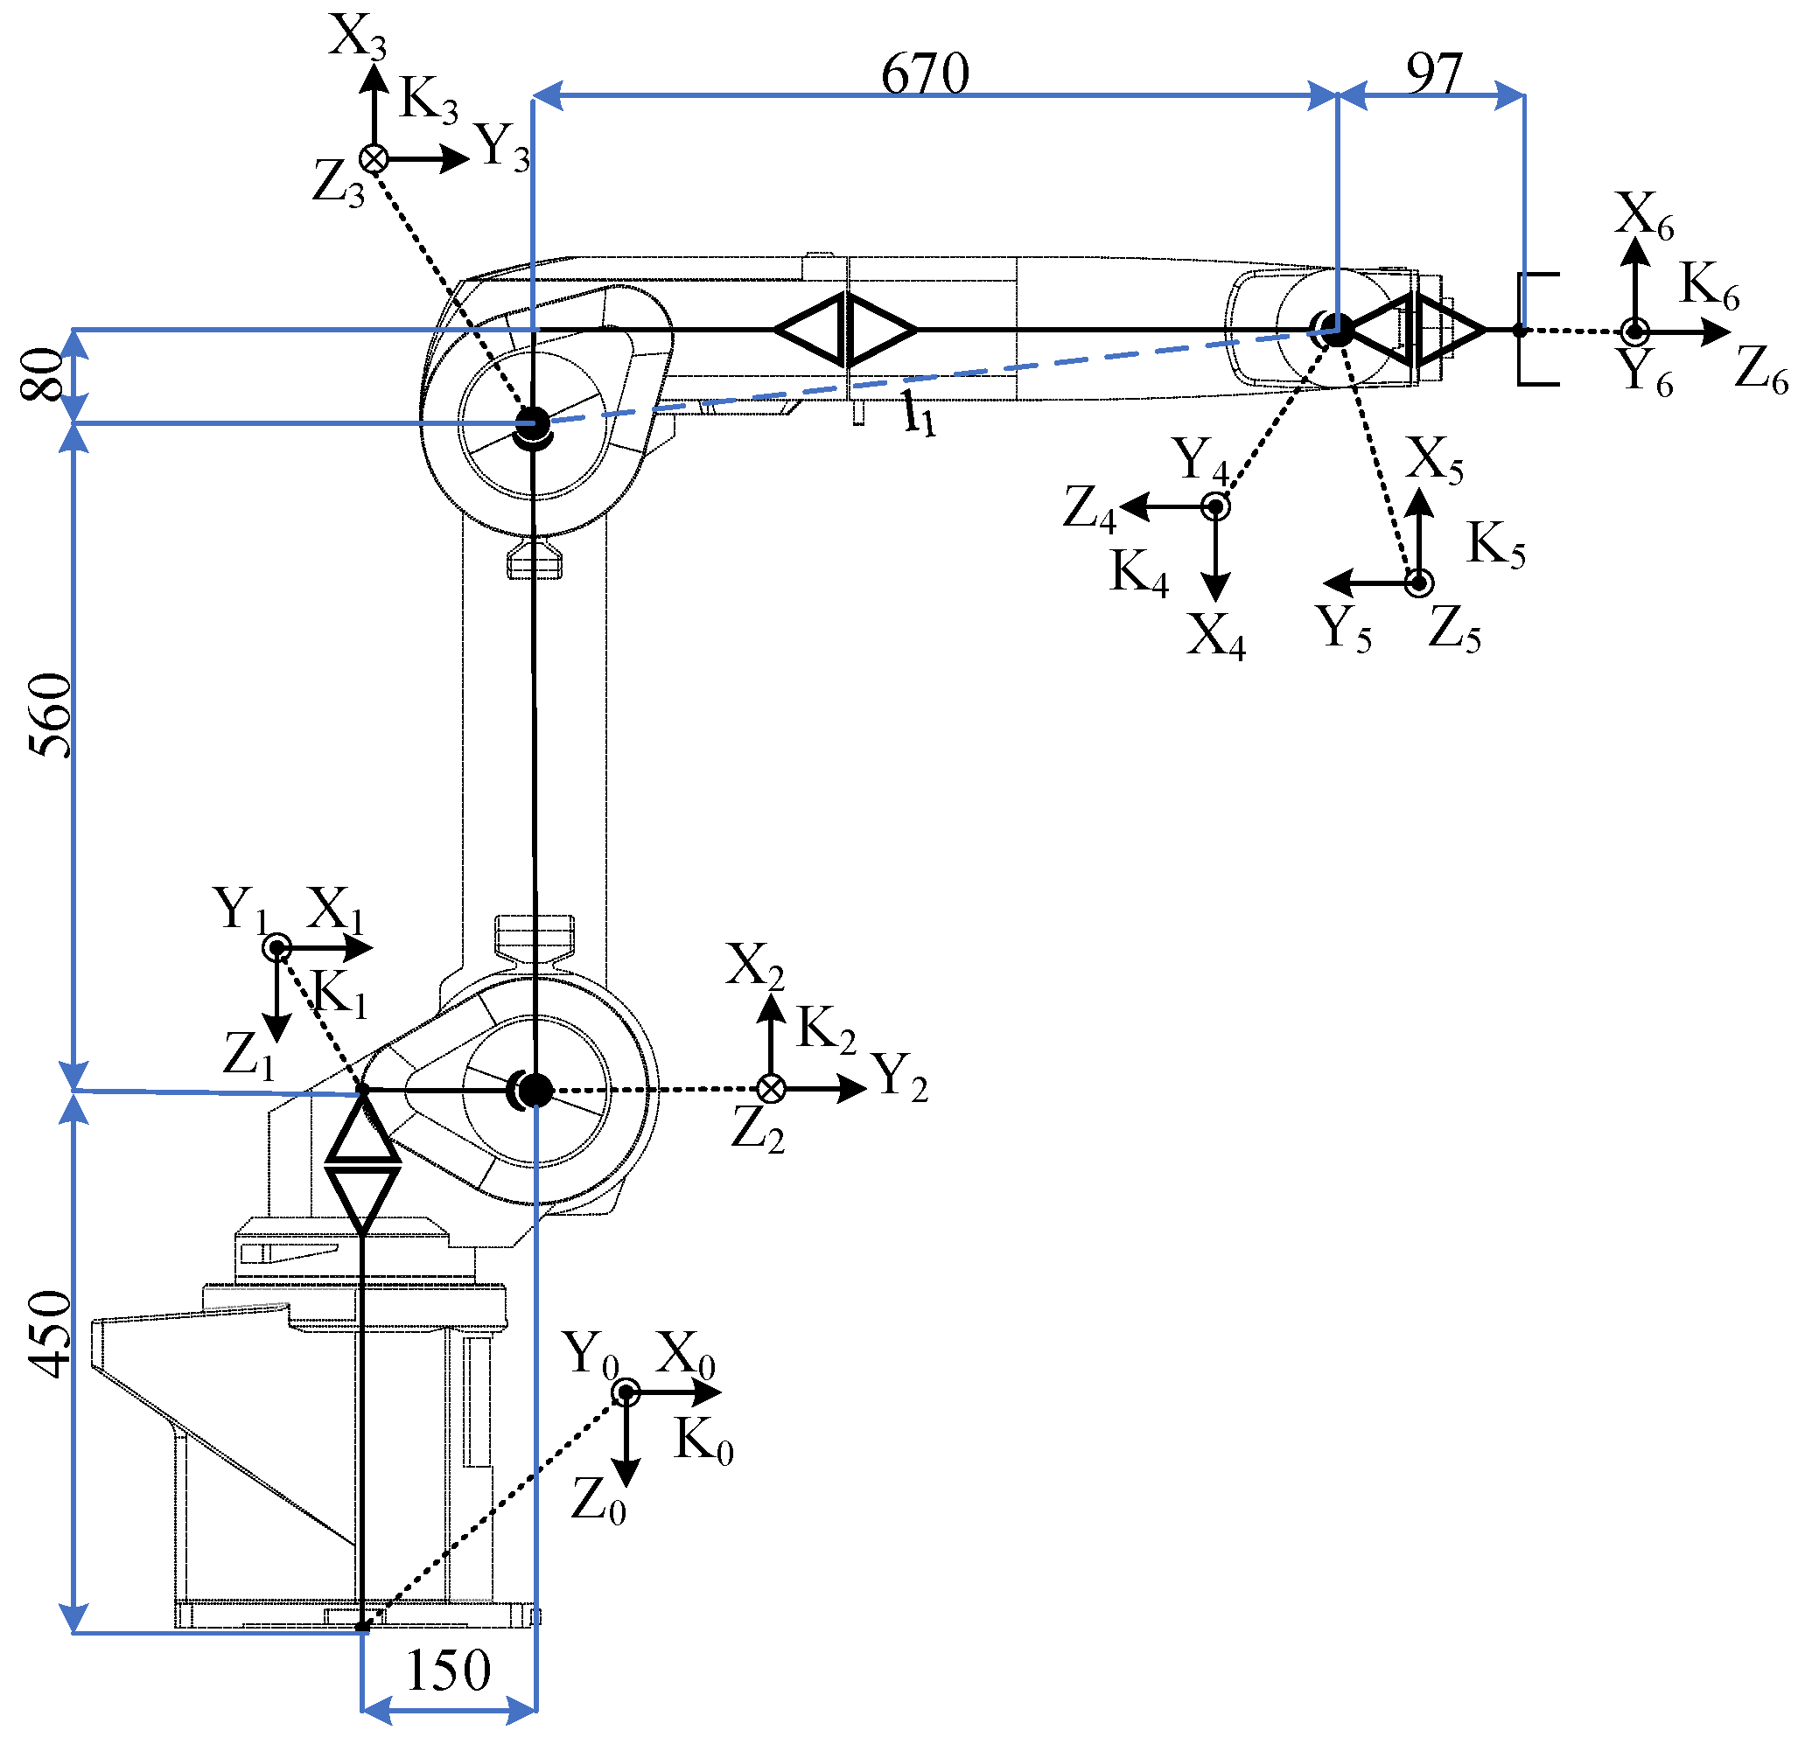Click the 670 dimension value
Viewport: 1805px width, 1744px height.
pyautogui.click(x=925, y=73)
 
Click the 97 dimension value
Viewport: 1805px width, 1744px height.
pyautogui.click(x=1434, y=73)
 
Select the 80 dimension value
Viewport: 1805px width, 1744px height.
pyautogui.click(x=42, y=373)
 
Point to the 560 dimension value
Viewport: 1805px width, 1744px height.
pyautogui.click(x=50, y=715)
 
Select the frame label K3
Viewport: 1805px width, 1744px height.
pyautogui.click(x=428, y=100)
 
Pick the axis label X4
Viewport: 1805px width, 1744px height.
pyautogui.click(x=1214, y=636)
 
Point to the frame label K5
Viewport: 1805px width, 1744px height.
pyautogui.click(x=1495, y=544)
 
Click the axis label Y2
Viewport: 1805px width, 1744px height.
pyautogui.click(x=899, y=1077)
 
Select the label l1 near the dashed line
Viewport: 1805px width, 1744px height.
pyautogui.click(x=918, y=415)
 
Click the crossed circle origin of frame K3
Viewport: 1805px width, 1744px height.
pyautogui.click(x=374, y=159)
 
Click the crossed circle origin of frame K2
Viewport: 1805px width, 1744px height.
pyautogui.click(x=771, y=1089)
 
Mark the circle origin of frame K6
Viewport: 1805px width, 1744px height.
pyautogui.click(x=1634, y=331)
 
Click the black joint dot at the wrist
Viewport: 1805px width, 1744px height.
pyautogui.click(x=1336, y=330)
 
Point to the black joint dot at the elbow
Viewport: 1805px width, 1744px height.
pyautogui.click(x=531, y=425)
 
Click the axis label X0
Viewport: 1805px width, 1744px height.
pyautogui.click(x=686, y=1355)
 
